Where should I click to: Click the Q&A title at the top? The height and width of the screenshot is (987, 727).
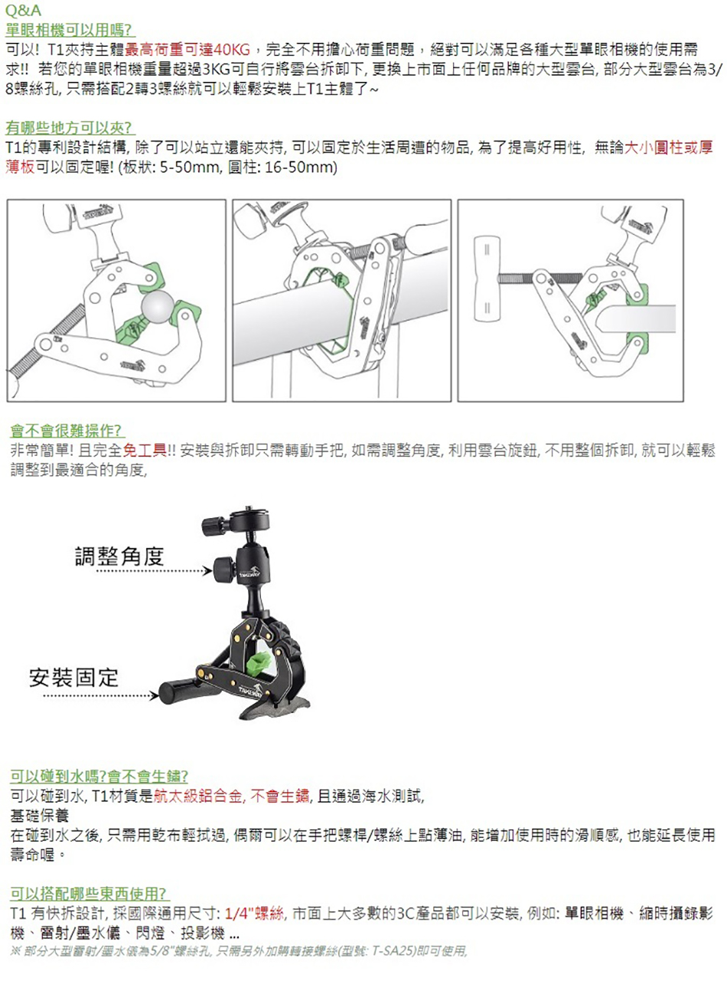point(24,10)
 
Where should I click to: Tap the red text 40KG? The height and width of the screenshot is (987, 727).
point(232,49)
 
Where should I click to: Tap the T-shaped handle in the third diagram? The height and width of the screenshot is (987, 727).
point(487,279)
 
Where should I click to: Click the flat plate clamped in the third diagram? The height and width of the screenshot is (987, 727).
point(635,318)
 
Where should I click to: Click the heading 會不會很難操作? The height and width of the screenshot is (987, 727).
point(65,431)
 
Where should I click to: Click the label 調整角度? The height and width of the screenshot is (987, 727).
point(119,556)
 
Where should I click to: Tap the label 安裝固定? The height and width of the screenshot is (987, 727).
point(73,678)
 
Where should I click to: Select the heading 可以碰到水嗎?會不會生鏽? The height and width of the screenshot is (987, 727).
point(99,776)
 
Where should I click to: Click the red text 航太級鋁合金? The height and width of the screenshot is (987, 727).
point(198,796)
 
